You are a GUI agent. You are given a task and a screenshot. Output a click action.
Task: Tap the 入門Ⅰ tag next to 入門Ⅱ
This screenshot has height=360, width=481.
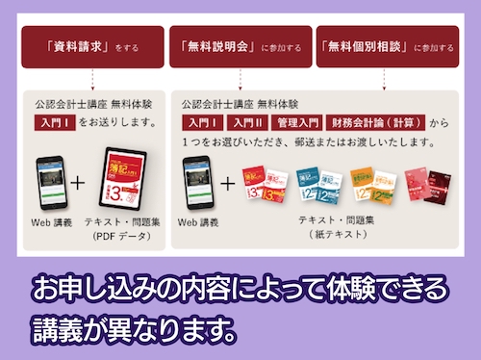point(203,123)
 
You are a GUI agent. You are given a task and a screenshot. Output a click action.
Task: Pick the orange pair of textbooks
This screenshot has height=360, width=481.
point(373,184)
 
